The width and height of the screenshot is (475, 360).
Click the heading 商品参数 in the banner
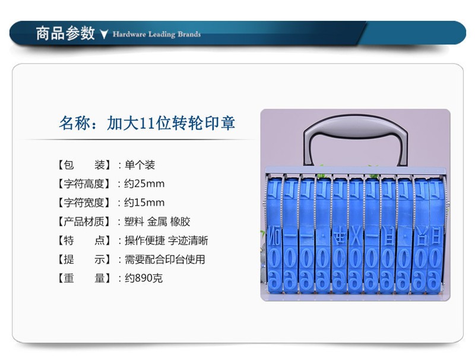point(65,33)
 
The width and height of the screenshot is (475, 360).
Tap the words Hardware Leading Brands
point(157,34)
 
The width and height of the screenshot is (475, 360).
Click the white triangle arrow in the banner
point(104,34)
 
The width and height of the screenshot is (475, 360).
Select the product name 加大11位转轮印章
point(171,123)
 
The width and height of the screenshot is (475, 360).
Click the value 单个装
point(140,165)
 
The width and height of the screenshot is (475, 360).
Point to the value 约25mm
point(144,184)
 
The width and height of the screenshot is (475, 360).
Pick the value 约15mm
point(144,203)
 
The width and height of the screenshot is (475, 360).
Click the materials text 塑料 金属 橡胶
point(157,222)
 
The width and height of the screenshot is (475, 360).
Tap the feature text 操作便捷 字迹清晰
point(166,241)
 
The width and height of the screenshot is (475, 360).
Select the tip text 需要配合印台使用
point(165,260)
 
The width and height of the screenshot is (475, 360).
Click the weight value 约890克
point(144,278)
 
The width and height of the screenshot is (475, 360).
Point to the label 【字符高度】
point(84,184)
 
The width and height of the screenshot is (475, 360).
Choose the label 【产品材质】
point(84,222)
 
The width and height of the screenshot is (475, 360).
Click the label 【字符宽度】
point(84,203)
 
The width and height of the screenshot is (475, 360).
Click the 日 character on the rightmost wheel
point(435,236)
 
